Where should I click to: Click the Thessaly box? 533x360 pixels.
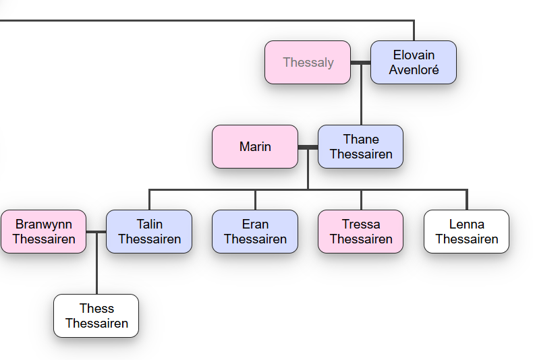[308, 63]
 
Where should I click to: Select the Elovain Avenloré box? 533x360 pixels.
[414, 63]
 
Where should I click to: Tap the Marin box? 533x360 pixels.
[255, 147]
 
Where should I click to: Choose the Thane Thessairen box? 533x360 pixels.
[361, 147]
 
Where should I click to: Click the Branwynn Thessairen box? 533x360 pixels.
[43, 232]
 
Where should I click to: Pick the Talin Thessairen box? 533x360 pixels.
[149, 232]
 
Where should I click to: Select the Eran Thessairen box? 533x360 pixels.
[255, 232]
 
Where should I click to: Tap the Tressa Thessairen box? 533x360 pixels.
[361, 232]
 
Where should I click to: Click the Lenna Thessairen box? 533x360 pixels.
[466, 232]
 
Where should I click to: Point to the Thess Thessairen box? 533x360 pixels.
[96, 316]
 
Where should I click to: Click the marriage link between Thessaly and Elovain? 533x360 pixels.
[361, 63]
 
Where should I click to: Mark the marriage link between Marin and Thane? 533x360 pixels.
[308, 147]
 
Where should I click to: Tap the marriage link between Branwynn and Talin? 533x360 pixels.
[96, 232]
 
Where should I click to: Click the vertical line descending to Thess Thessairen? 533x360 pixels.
[97, 264]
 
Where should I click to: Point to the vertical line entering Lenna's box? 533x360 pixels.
[467, 200]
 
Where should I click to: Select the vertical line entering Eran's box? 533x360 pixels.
[255, 200]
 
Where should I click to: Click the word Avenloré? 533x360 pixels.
[414, 69]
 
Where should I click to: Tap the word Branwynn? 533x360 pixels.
[43, 224]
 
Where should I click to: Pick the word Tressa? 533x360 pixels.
[361, 224]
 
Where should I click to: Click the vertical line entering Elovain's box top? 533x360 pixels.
[414, 30]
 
